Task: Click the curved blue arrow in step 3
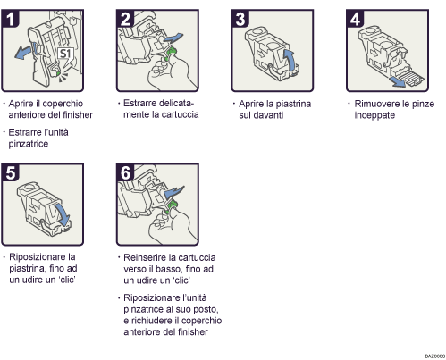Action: coord(289,58)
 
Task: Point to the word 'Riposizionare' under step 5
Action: coord(38,256)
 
